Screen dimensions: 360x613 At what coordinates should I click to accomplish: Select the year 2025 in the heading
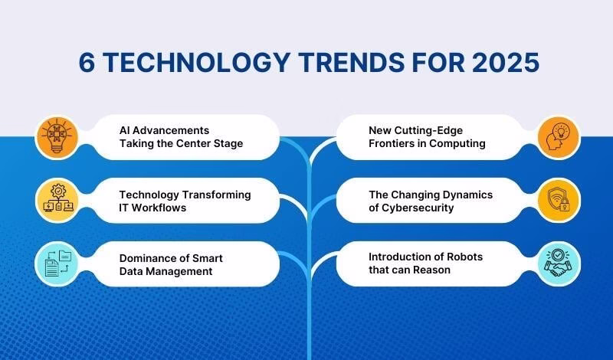504,63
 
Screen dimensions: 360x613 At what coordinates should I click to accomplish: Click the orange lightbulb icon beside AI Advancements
58,137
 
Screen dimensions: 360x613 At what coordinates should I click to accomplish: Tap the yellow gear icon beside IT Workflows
58,201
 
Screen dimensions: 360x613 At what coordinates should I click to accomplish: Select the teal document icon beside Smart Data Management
58,263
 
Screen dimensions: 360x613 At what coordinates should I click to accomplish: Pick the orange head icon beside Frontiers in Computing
555,137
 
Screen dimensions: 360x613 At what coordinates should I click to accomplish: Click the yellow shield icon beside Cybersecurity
555,201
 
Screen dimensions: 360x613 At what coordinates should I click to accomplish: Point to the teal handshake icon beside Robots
555,263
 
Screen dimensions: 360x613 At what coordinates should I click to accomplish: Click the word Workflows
162,208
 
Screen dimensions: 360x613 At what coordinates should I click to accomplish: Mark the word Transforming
214,195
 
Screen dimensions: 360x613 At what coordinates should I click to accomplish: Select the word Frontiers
395,144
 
